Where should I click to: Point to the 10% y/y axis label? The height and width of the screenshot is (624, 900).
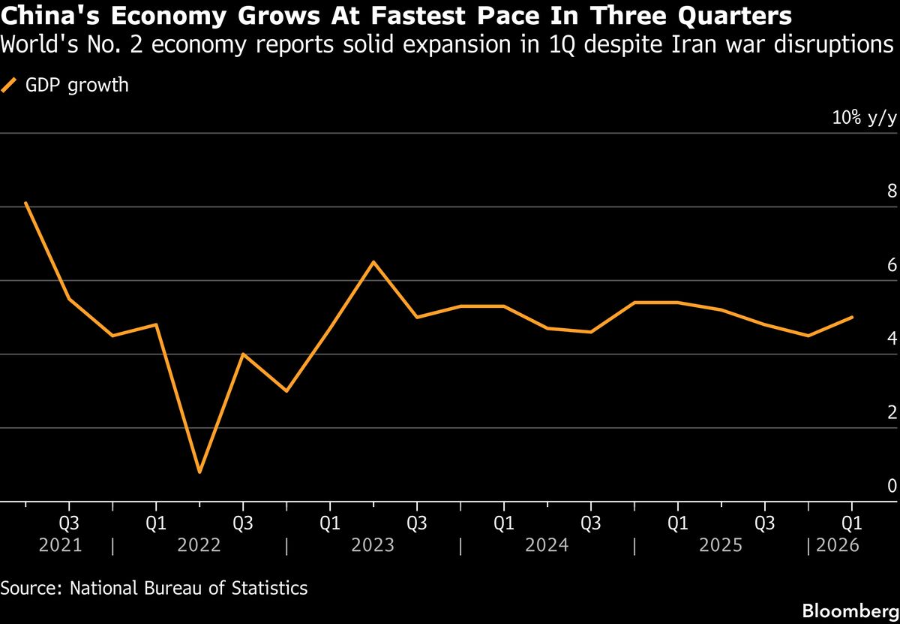pos(863,118)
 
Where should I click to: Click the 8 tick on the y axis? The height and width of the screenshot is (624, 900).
pos(892,191)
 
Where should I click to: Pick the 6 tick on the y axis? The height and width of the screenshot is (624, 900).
pos(892,265)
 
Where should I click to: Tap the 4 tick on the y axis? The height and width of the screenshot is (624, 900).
pos(892,339)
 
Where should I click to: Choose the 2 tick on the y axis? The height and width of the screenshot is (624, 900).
pos(892,412)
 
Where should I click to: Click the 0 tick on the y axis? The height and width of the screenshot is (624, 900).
pos(892,486)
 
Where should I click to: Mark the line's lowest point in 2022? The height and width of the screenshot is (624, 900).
pos(199,472)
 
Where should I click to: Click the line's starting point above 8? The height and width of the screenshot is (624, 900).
pos(25,203)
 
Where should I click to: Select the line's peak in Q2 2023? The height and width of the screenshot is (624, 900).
pos(373,262)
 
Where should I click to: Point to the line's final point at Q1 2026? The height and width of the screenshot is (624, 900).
pos(852,317)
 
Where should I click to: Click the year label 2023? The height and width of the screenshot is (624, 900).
pos(373,545)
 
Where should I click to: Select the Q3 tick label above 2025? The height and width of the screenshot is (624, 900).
pos(764,522)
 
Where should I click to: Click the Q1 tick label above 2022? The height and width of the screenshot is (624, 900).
pos(155,522)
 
